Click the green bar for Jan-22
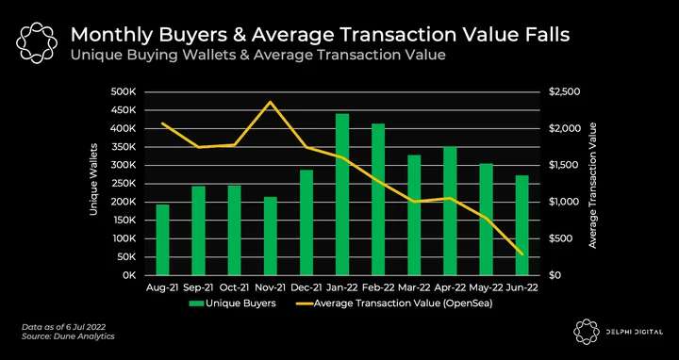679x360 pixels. click(x=342, y=194)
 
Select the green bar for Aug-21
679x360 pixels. click(x=162, y=239)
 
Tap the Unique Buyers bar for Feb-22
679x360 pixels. click(x=378, y=200)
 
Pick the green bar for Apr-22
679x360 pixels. click(x=450, y=211)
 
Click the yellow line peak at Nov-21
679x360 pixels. click(x=271, y=102)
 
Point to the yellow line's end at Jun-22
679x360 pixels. click(x=522, y=254)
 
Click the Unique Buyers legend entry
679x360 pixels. click(x=233, y=303)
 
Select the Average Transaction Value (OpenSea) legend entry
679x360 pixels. click(x=394, y=303)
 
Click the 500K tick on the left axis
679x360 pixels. click(x=124, y=92)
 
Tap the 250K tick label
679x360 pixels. click(x=124, y=184)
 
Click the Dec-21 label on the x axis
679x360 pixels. click(x=306, y=287)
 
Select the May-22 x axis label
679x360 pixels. click(x=487, y=287)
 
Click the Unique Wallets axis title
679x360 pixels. click(x=93, y=179)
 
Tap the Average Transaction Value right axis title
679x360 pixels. click(x=592, y=186)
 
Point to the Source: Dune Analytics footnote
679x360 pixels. click(x=68, y=336)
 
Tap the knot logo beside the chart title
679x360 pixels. click(x=37, y=42)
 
